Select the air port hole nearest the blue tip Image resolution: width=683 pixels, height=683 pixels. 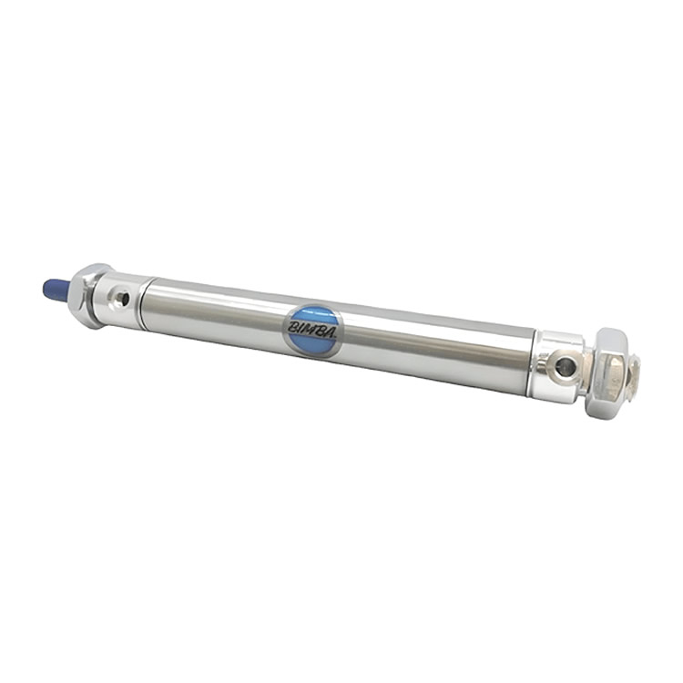pyautogui.click(x=121, y=297)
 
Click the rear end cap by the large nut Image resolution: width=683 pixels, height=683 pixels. pyautogui.click(x=557, y=366)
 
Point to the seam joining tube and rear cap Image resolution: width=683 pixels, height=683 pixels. pyautogui.click(x=535, y=361)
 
